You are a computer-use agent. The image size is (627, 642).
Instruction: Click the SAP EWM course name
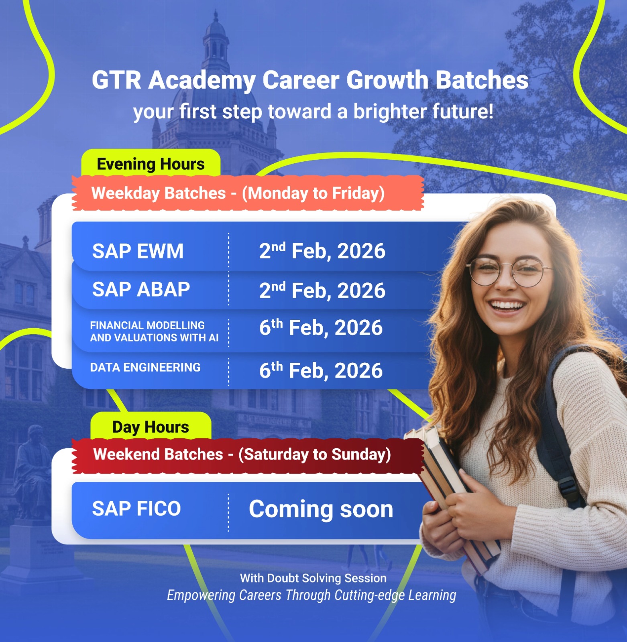pyautogui.click(x=138, y=251)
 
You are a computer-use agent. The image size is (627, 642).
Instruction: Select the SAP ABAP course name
pyautogui.click(x=141, y=289)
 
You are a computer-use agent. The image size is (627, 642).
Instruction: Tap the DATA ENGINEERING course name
pyautogui.click(x=145, y=367)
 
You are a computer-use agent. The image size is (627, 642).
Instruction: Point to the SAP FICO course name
pyautogui.click(x=136, y=508)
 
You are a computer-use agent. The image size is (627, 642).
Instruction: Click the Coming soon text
pyautogui.click(x=321, y=509)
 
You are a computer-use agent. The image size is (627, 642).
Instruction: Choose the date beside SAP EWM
pyautogui.click(x=322, y=251)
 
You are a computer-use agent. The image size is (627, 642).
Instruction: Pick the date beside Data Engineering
pyautogui.click(x=321, y=370)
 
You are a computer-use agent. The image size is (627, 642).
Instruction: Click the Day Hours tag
pyautogui.click(x=151, y=426)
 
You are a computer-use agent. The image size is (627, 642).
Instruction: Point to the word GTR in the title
pyautogui.click(x=116, y=80)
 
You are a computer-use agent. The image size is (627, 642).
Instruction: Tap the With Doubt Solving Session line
pyautogui.click(x=313, y=578)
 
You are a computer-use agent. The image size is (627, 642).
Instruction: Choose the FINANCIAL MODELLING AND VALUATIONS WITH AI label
pyautogui.click(x=154, y=331)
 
